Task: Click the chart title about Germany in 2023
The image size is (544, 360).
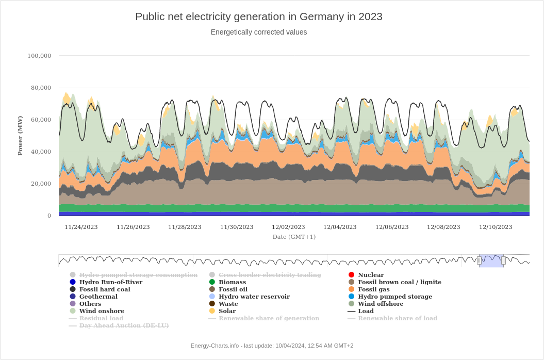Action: [258, 17]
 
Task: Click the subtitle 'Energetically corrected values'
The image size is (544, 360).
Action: [258, 32]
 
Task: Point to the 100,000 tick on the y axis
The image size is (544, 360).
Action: [39, 56]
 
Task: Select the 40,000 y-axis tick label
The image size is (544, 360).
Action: [41, 152]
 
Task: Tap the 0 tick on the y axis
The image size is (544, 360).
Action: [49, 216]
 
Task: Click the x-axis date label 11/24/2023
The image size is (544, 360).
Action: [81, 227]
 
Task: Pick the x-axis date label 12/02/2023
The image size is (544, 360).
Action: [288, 227]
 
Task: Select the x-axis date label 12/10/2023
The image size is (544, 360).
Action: [496, 227]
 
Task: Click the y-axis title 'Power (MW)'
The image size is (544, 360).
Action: [20, 135]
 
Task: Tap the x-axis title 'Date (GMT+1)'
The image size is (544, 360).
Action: [294, 237]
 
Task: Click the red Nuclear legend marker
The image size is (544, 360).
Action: [351, 275]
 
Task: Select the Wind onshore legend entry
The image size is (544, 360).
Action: [101, 311]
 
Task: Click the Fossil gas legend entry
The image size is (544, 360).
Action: [373, 289]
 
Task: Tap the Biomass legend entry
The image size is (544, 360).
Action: [232, 282]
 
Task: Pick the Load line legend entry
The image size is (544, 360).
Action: [366, 311]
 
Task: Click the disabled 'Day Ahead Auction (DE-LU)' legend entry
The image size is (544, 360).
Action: [124, 325]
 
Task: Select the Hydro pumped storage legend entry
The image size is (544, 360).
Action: [394, 297]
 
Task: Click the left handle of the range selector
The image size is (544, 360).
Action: [479, 260]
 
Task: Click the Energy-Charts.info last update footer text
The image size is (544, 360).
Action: [272, 346]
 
